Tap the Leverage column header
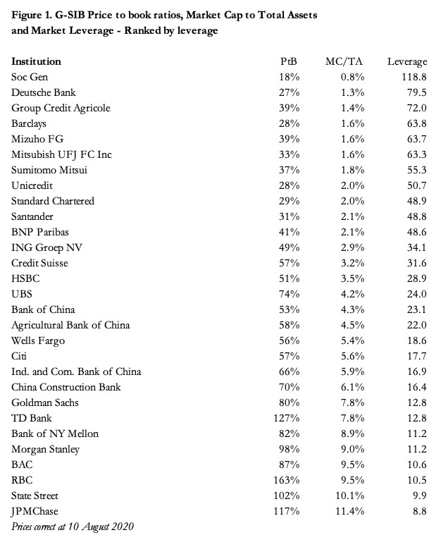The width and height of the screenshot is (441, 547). tap(407, 61)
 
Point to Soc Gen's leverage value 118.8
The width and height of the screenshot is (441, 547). tap(413, 77)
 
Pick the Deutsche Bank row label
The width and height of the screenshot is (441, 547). tap(44, 92)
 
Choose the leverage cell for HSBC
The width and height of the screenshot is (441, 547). tap(416, 278)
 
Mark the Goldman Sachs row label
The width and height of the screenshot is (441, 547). tap(45, 402)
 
